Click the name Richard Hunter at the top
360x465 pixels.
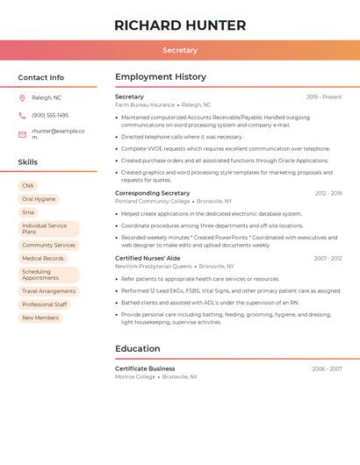[180, 25]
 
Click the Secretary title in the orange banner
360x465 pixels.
[180, 50]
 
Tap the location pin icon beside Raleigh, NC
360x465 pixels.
[22, 97]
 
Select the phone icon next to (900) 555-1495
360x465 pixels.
[22, 115]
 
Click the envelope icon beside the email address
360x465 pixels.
[22, 134]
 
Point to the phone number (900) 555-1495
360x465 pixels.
[50, 115]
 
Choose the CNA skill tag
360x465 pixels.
[28, 186]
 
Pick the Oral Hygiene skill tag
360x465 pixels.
[39, 199]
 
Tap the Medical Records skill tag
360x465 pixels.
[43, 259]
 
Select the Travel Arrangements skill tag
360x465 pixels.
[49, 291]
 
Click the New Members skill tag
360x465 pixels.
[40, 318]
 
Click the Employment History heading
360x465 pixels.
[161, 77]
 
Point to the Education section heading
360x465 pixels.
[138, 348]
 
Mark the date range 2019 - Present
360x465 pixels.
[324, 97]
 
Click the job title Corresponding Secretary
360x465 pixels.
[153, 193]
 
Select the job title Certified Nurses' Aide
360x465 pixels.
[148, 259]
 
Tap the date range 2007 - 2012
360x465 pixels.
[328, 259]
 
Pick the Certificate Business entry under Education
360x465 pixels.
[145, 368]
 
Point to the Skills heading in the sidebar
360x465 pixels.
[28, 162]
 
